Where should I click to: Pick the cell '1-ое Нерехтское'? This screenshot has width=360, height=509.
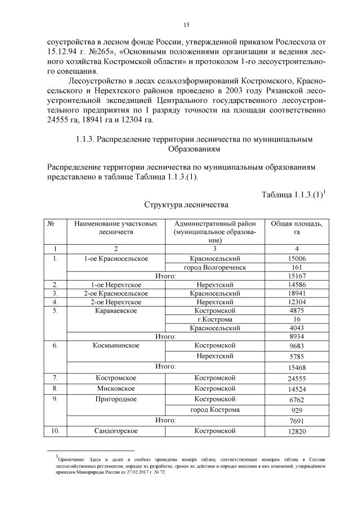[116, 285]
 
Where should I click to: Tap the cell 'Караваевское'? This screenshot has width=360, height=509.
[116, 310]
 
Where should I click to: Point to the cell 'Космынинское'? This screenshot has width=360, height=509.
[116, 345]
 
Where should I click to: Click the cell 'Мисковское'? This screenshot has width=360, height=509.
[116, 389]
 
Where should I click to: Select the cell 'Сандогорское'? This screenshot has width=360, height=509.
[116, 431]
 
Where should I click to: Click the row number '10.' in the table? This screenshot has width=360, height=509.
[55, 431]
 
